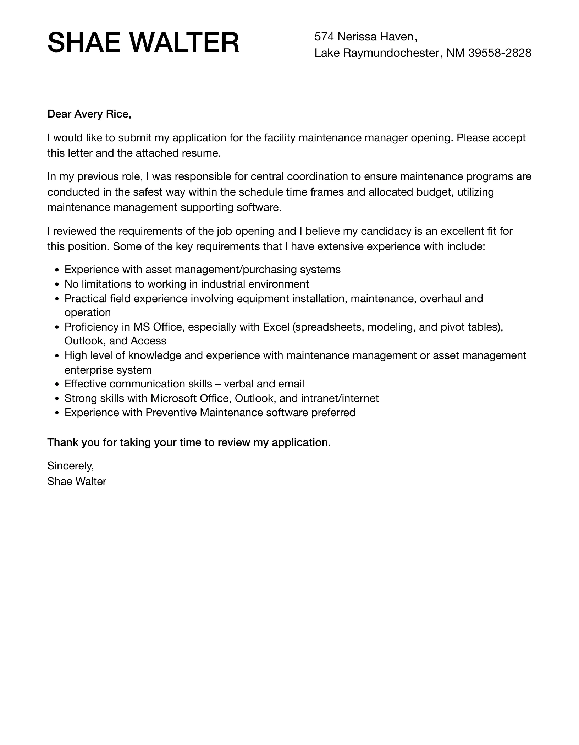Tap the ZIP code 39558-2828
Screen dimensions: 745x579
pos(500,53)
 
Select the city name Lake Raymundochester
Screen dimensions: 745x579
pos(377,53)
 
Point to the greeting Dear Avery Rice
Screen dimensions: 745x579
pos(89,114)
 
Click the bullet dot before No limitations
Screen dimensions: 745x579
pos(57,284)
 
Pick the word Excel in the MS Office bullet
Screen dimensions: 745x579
pos(276,327)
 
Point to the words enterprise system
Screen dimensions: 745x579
pos(108,370)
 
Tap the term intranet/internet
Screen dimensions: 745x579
pos(340,398)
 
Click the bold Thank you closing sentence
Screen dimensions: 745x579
pos(189,442)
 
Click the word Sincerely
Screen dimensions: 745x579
pos(70,466)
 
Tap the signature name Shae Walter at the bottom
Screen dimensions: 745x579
pos(77,482)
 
